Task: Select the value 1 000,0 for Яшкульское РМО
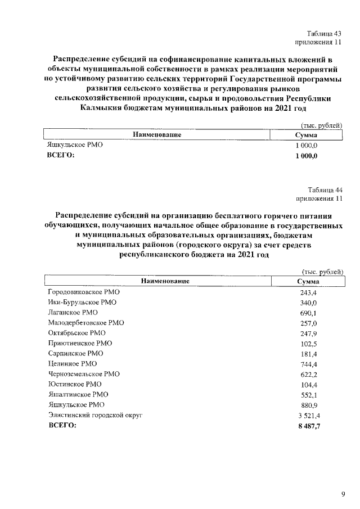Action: pos(307,145)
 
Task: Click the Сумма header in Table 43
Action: pos(307,135)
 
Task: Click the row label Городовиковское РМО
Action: pos(84,292)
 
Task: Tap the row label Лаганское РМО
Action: pos(73,313)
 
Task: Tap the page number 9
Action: pos(343,494)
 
